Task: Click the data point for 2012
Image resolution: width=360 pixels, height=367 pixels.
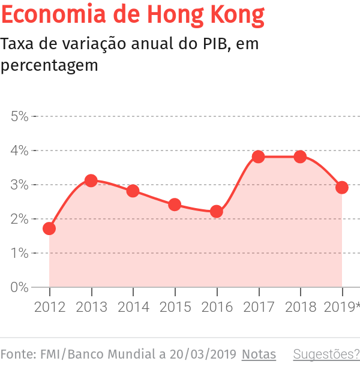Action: [49, 228]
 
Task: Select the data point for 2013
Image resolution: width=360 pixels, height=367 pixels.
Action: [91, 181]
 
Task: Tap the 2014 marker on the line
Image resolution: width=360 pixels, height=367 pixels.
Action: [133, 191]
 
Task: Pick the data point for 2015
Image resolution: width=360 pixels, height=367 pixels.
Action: [175, 204]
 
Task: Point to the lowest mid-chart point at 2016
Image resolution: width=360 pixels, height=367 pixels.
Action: [217, 212]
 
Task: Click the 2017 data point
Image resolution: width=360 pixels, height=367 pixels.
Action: [259, 157]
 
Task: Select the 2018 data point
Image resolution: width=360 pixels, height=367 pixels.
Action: [301, 157]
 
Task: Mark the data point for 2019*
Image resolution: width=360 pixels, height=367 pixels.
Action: [342, 188]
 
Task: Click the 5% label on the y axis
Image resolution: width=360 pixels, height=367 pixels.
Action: [20, 116]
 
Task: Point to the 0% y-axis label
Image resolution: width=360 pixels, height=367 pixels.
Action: [20, 287]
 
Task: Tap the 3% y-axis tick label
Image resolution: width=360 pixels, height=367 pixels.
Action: [20, 185]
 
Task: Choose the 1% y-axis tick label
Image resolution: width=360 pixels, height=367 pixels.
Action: [20, 253]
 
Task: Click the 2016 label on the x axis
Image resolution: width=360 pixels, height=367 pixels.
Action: [217, 307]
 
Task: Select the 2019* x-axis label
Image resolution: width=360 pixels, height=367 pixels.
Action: [341, 307]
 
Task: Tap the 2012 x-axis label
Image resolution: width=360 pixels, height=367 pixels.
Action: [49, 307]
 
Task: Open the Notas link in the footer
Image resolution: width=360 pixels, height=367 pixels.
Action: [259, 354]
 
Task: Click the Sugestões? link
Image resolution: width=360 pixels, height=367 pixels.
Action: [326, 354]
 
